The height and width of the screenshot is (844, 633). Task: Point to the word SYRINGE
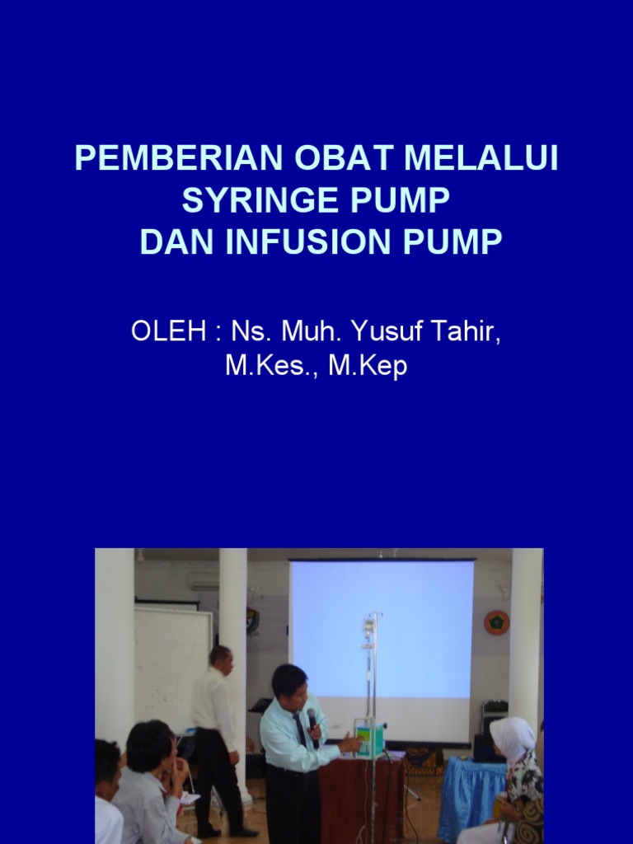pyautogui.click(x=259, y=201)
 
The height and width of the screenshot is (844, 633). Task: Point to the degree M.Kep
pyautogui.click(x=368, y=367)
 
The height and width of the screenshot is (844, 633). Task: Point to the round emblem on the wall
pyautogui.click(x=496, y=622)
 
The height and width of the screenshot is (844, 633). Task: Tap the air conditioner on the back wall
pyautogui.click(x=204, y=579)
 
